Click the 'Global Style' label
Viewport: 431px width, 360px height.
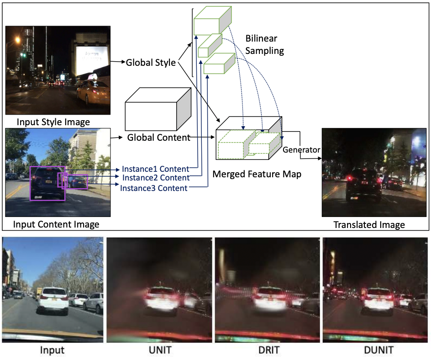click(151, 63)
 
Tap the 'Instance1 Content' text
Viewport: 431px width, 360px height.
click(156, 169)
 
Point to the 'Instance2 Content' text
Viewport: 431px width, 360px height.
click(156, 177)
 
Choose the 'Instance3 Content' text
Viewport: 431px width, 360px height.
click(154, 188)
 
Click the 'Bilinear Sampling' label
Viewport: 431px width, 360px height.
click(264, 44)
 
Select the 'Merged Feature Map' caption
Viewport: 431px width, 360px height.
click(257, 174)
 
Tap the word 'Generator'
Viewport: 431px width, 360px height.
click(301, 149)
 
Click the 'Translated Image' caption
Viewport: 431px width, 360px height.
click(369, 224)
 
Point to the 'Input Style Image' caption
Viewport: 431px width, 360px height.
click(53, 122)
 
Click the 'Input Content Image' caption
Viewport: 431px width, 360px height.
click(56, 224)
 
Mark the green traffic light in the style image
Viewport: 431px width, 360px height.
click(23, 55)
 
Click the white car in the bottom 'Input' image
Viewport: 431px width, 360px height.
click(53, 300)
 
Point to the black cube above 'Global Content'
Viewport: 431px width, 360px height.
click(158, 108)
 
